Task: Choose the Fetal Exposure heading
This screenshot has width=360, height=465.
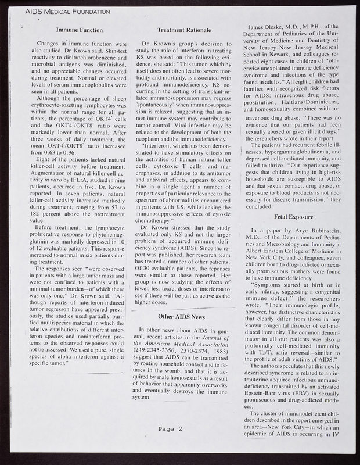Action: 290,216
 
